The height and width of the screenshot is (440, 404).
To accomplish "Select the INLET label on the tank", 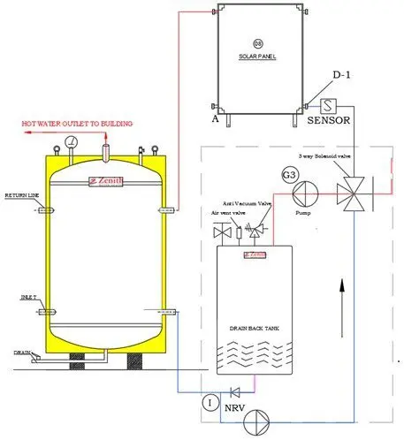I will [27, 299].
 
